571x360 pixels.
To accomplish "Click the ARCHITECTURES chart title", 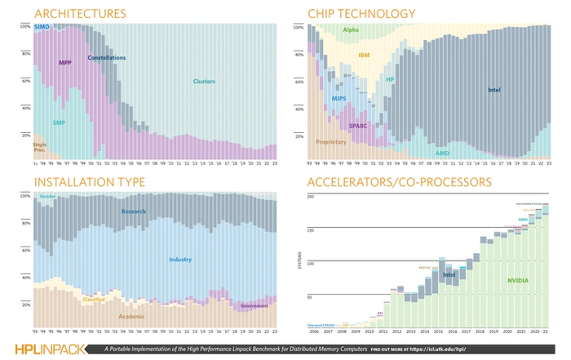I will tap(80, 14).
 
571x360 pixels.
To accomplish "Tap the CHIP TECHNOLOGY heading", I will tap(361, 14).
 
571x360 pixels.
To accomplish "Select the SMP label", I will tap(59, 122).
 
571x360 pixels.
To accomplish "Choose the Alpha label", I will tap(352, 30).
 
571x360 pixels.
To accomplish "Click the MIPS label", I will tap(339, 98).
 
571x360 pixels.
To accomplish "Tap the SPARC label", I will tap(359, 126).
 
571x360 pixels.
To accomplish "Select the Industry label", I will tap(180, 260).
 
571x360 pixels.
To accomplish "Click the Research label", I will tap(134, 211).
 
